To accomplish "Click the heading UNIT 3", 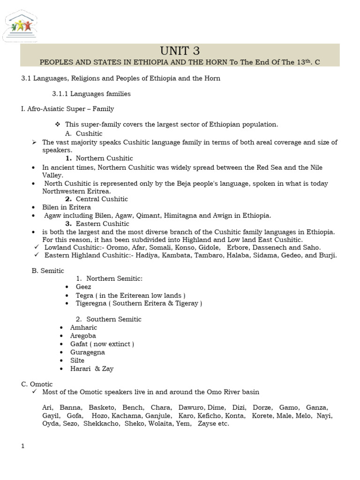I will point(180,51).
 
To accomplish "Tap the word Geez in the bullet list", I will point(83,287).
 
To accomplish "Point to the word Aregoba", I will point(83,336).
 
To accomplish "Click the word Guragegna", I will point(87,352).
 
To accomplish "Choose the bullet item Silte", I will point(77,360).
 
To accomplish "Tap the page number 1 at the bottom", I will point(22,446).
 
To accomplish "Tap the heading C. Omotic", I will point(37,384).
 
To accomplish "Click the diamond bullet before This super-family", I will point(58,125).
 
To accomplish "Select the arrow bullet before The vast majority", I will point(35,142).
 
